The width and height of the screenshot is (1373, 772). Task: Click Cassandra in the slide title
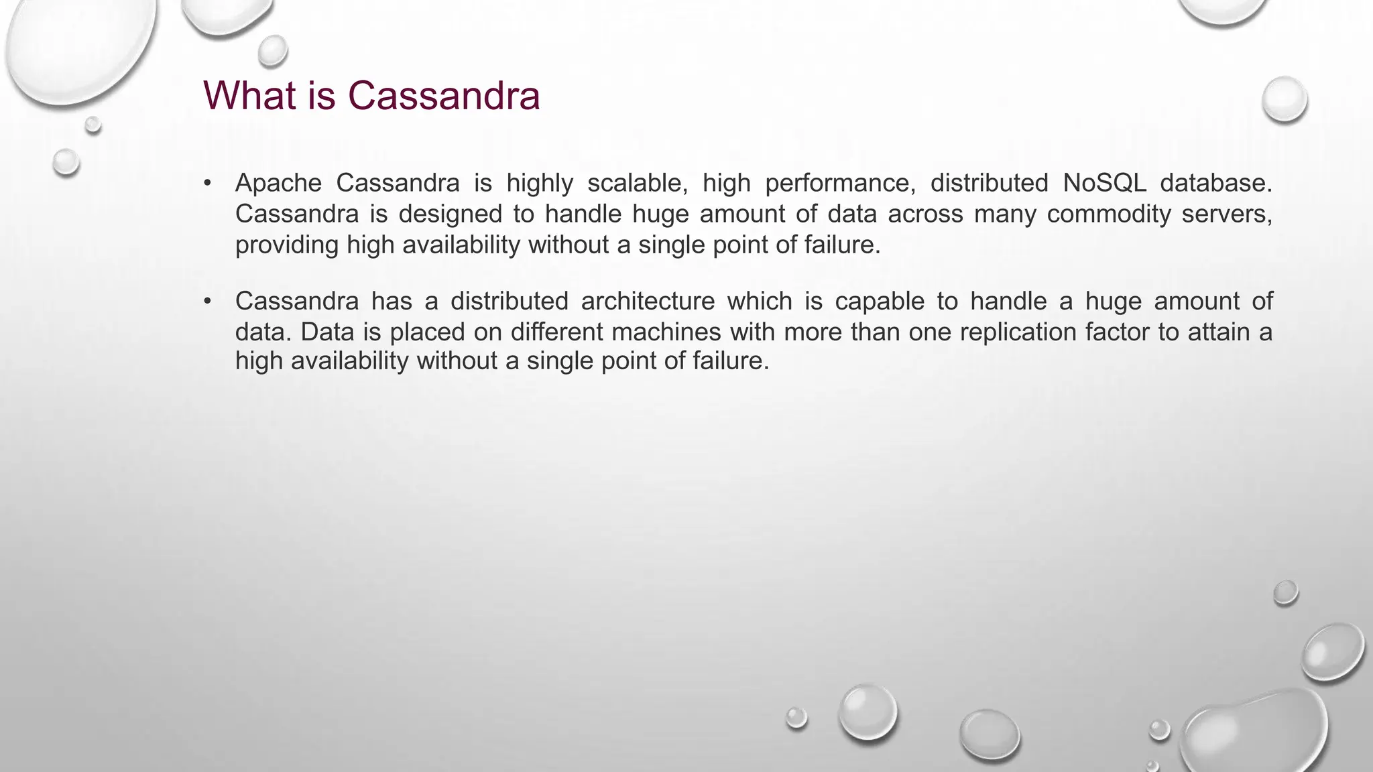pos(444,95)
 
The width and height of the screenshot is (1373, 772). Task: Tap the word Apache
pos(278,183)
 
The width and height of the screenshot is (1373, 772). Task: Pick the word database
pos(1215,183)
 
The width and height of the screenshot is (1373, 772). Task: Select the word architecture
pos(648,302)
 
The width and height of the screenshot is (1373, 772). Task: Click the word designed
pos(450,214)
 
